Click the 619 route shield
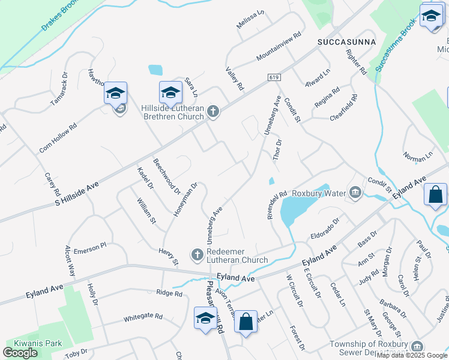pyautogui.click(x=274, y=77)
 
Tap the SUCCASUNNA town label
pyautogui.click(x=346, y=41)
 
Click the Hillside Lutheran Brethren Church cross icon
pyautogui.click(x=213, y=111)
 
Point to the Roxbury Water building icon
pyautogui.click(x=355, y=193)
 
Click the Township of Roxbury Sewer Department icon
pyautogui.click(x=417, y=346)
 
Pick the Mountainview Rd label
pyautogui.click(x=278, y=46)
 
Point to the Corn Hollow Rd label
pyautogui.click(x=58, y=137)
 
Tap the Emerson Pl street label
pyautogui.click(x=89, y=247)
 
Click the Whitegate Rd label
pyautogui.click(x=143, y=317)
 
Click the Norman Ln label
pyautogui.click(x=418, y=157)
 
